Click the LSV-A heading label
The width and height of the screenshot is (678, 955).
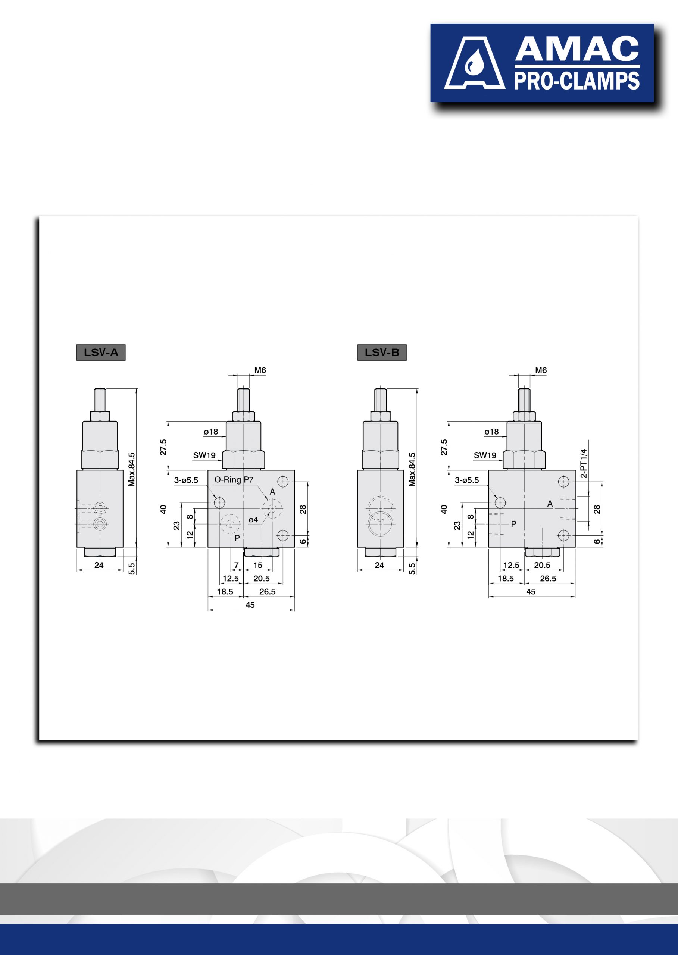[x=101, y=352]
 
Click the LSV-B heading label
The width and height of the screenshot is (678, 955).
[x=382, y=352]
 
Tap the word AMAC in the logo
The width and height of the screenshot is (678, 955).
[x=577, y=49]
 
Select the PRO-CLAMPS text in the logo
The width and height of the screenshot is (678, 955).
[x=577, y=81]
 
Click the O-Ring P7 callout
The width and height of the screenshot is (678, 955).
[x=234, y=480]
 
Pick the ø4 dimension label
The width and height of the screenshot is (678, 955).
[x=253, y=520]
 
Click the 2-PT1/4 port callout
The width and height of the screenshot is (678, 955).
[x=584, y=463]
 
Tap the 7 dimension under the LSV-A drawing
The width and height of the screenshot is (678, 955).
[x=236, y=565]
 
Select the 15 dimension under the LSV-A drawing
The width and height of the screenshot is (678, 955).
[x=258, y=565]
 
